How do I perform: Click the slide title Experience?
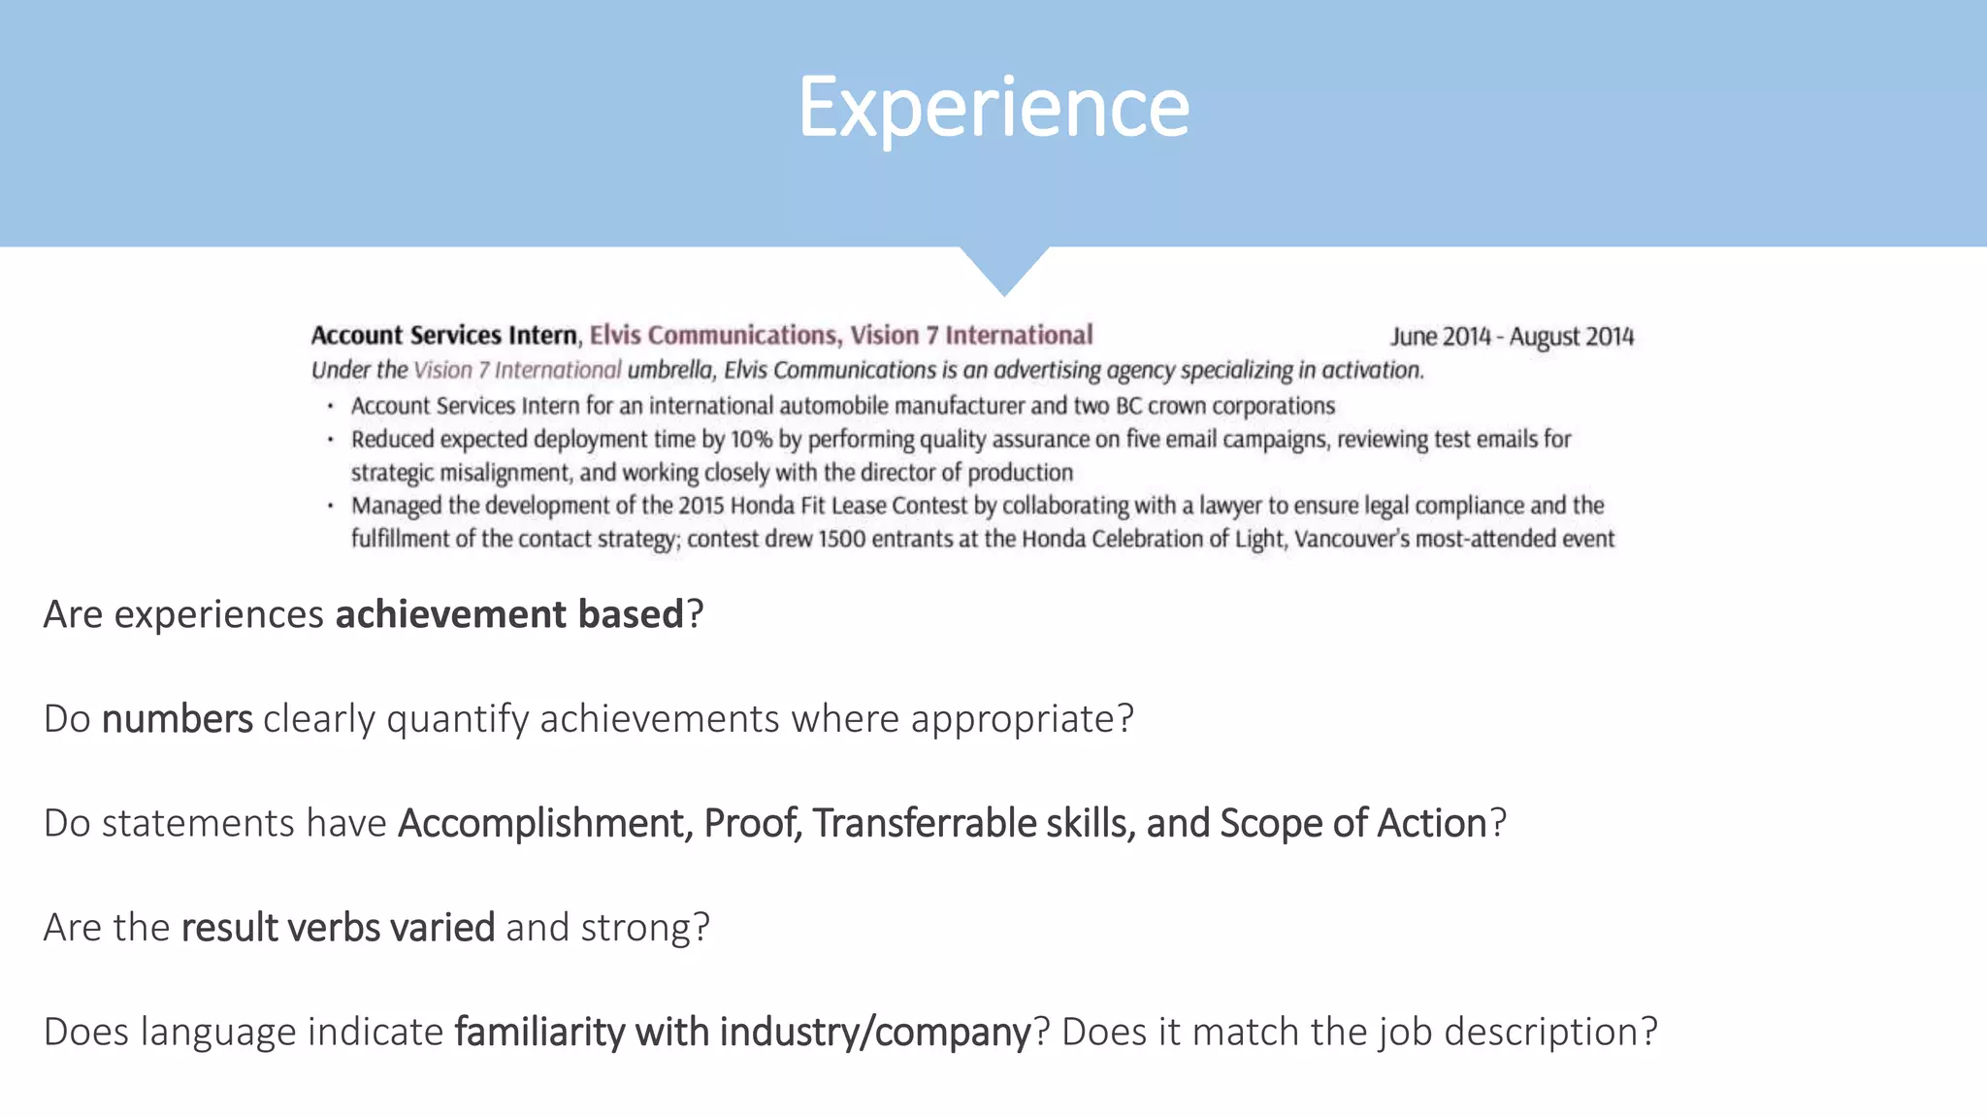pos(993,107)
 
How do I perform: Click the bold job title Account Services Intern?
pos(443,335)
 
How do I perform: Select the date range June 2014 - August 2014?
pos(1512,337)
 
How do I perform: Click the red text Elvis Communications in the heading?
pos(713,335)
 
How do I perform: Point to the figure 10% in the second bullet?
pos(751,440)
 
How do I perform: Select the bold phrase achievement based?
pos(509,614)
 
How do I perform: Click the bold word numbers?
pos(177,719)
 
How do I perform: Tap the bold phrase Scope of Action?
pos(1352,823)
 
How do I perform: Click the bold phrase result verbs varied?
pos(338,928)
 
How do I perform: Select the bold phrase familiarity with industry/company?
pos(742,1032)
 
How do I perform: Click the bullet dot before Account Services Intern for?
pos(331,407)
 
